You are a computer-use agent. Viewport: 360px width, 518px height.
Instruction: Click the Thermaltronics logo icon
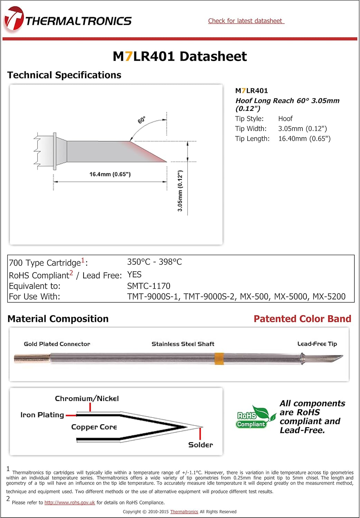(x=14, y=20)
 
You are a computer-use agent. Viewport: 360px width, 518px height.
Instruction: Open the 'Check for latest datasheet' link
(x=246, y=21)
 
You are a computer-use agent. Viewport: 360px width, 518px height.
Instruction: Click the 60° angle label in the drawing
(x=142, y=120)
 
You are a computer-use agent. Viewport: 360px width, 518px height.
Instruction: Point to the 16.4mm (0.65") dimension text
(x=110, y=174)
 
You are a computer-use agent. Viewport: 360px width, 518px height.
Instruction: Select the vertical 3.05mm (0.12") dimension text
(x=180, y=191)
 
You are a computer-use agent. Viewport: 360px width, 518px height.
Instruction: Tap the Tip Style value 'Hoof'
(x=285, y=119)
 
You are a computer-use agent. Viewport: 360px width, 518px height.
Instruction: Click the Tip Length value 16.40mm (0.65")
(x=304, y=139)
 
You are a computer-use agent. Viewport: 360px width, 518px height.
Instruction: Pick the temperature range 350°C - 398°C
(x=154, y=262)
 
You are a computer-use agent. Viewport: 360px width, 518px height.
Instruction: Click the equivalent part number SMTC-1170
(x=149, y=286)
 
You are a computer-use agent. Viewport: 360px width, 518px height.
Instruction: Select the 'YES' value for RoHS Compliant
(x=134, y=275)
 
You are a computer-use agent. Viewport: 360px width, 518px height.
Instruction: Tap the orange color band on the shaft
(x=219, y=359)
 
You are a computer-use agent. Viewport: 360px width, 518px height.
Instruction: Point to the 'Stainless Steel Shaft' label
(x=183, y=344)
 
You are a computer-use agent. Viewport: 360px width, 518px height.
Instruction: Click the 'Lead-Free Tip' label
(x=317, y=344)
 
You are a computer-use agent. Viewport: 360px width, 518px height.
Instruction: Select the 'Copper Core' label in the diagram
(x=94, y=427)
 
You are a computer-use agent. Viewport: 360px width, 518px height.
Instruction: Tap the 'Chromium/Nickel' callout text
(x=87, y=399)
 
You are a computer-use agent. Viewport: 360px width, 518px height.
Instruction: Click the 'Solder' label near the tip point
(x=200, y=445)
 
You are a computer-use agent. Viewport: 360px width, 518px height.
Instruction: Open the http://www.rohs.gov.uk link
(x=69, y=502)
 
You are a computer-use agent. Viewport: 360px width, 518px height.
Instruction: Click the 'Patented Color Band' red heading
(x=302, y=319)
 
